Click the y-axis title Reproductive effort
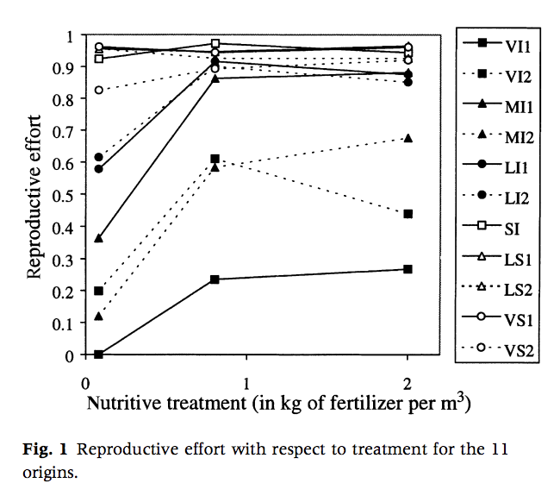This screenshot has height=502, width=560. [34, 196]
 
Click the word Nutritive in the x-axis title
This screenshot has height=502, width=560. [121, 403]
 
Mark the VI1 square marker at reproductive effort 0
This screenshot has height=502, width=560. [99, 355]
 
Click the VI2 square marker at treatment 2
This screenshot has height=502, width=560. [408, 214]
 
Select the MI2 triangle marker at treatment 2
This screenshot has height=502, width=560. [408, 138]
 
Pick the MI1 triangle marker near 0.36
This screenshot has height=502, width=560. [99, 238]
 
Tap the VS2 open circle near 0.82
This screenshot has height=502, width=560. [99, 90]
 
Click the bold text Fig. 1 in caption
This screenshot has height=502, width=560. [42, 452]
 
